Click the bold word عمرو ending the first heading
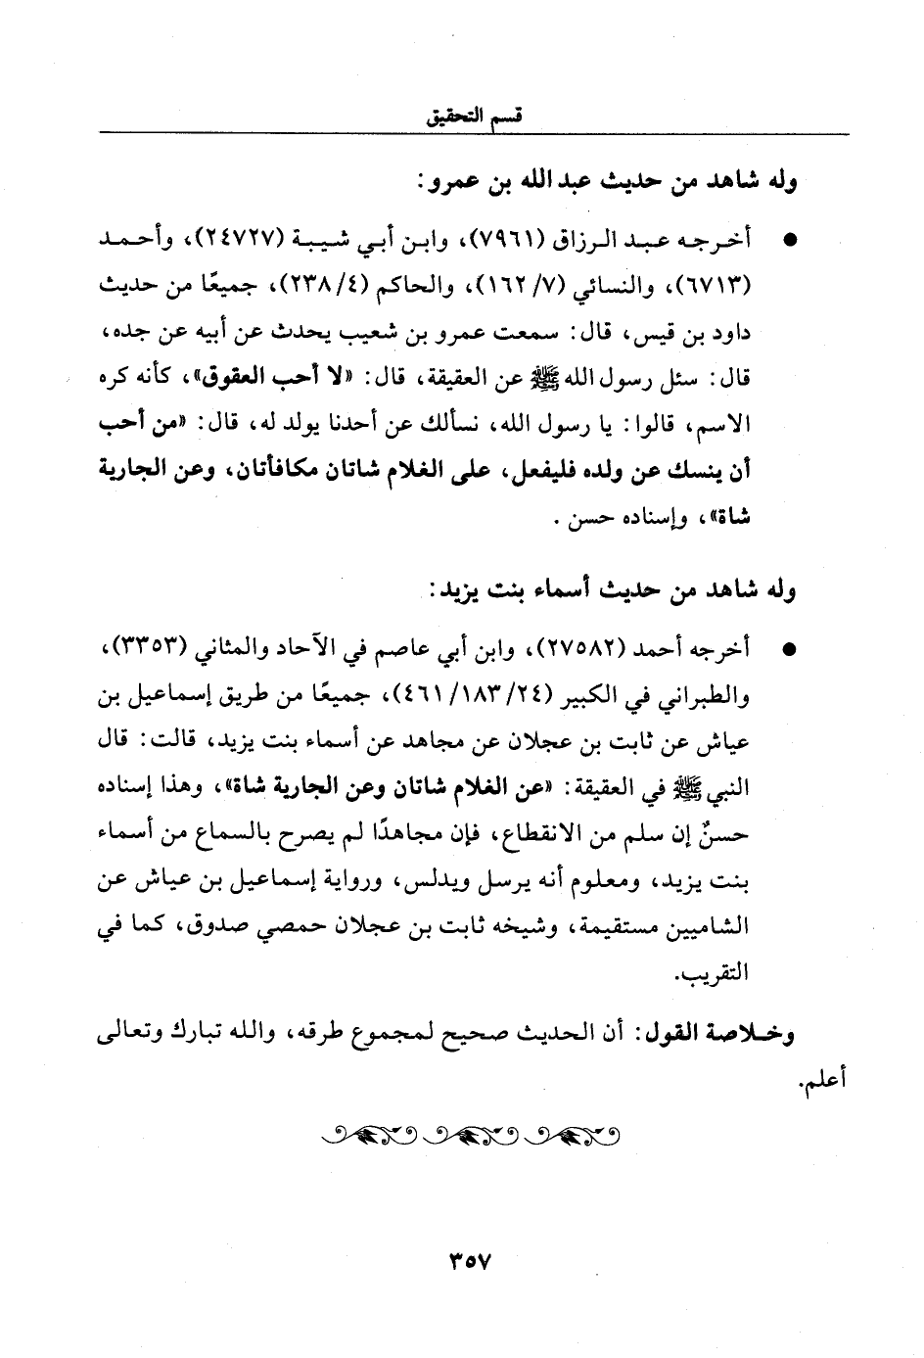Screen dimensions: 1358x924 click(x=447, y=182)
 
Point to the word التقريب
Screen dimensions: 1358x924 click(x=720, y=975)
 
